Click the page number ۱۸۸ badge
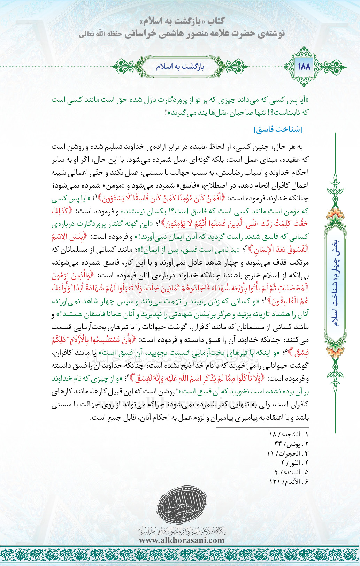coord(304,66)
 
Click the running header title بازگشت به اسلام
coord(180,66)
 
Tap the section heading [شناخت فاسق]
coord(278,130)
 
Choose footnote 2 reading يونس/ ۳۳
coord(291,444)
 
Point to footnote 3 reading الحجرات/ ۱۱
coord(288,453)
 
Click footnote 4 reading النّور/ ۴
coord(294,463)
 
